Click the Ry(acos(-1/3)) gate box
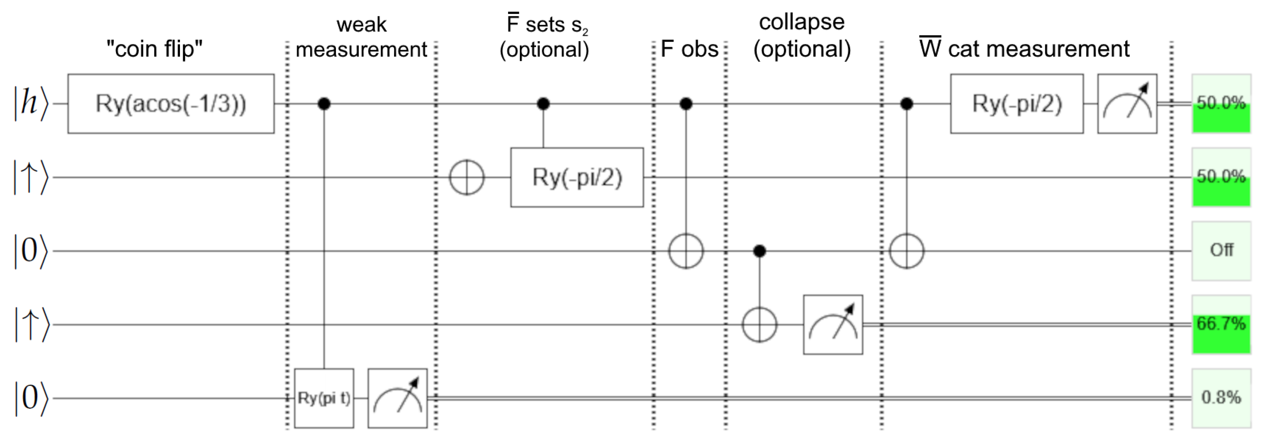171,104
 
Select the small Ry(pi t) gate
324,398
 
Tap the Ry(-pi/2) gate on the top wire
1017,104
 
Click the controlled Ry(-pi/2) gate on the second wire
577,177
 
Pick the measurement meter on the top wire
1127,104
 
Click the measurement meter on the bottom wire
398,398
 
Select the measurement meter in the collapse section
833,325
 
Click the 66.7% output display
1221,325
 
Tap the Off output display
1221,251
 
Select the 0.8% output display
1221,398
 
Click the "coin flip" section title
155,49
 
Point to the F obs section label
690,49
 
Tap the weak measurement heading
361,37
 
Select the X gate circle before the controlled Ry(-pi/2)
467,177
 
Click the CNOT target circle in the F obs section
686,251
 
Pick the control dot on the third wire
759,251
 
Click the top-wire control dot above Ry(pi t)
324,104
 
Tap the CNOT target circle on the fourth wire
759,325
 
